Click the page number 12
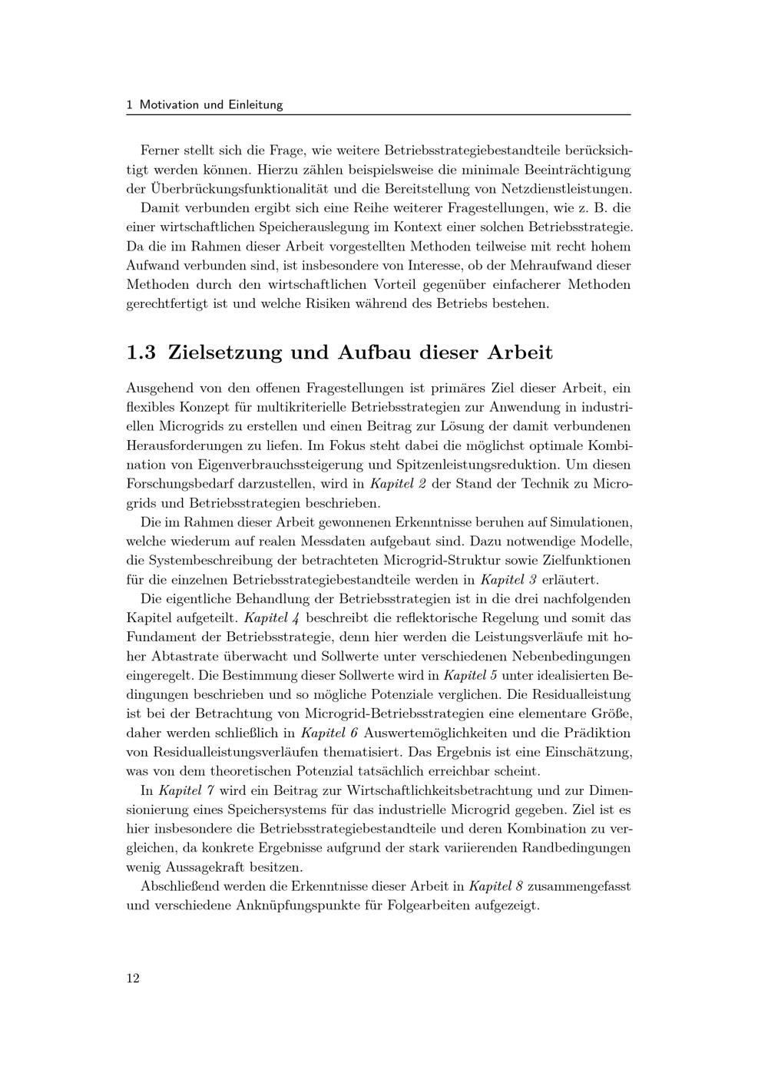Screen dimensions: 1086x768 coord(133,978)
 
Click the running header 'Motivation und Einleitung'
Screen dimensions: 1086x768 coord(211,104)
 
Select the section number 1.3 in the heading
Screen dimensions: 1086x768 coord(141,353)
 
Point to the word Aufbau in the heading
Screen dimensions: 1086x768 coord(372,353)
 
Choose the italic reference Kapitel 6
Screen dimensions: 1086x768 coord(330,733)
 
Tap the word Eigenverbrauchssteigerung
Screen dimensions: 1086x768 coord(283,465)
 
